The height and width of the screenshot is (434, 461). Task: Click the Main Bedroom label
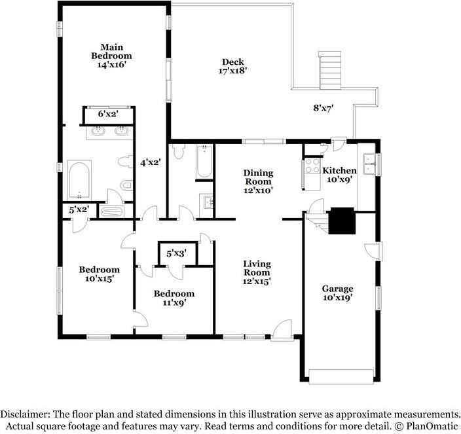click(111, 52)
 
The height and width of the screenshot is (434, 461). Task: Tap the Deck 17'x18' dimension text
click(232, 71)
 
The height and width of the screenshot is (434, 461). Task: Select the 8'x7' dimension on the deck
click(323, 108)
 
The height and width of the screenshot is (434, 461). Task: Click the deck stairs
click(329, 70)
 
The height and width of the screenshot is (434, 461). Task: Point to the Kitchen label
click(340, 170)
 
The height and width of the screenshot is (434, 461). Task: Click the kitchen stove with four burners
click(312, 166)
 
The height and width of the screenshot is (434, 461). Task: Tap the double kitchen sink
click(369, 164)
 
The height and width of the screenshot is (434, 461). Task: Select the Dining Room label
click(259, 177)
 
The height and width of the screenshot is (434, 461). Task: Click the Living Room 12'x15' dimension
click(257, 281)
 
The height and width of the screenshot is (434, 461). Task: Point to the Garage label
click(337, 289)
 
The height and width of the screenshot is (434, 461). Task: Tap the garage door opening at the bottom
click(341, 376)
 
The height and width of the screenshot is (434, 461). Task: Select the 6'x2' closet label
click(108, 114)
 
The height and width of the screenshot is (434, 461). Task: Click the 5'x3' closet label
click(176, 253)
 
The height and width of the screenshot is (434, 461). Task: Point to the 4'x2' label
click(150, 162)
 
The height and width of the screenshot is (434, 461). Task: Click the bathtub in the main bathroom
click(79, 179)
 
